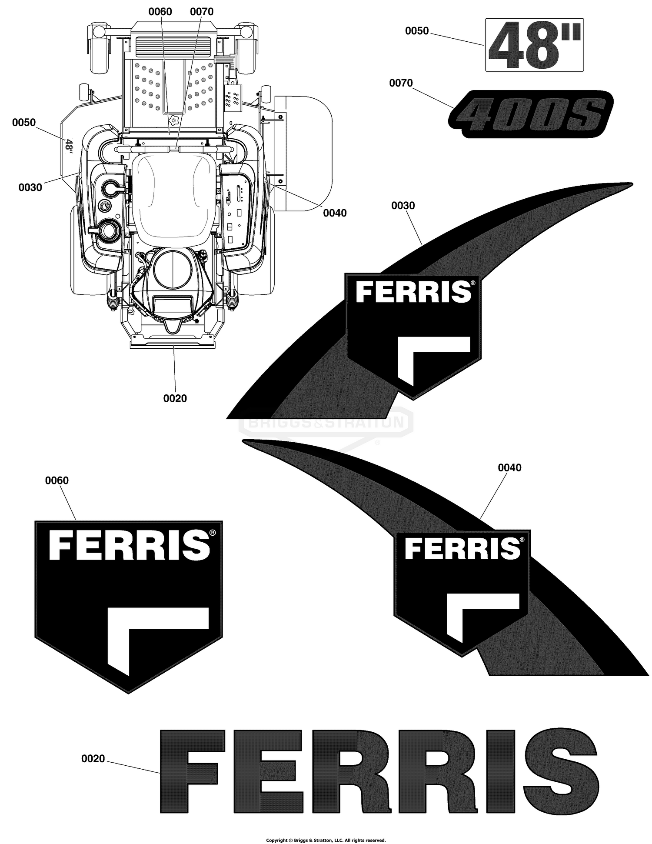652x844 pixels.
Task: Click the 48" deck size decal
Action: point(534,45)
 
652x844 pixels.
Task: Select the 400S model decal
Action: point(531,114)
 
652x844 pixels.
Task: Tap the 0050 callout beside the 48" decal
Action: point(417,31)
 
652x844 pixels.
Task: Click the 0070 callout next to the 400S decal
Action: point(401,83)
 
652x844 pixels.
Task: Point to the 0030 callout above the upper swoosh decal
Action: point(403,206)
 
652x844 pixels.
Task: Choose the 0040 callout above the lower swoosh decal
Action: point(509,468)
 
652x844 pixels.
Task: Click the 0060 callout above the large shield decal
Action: point(57,480)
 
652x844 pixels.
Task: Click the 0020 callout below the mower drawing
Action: point(175,398)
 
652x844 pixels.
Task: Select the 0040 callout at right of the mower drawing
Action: point(335,213)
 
